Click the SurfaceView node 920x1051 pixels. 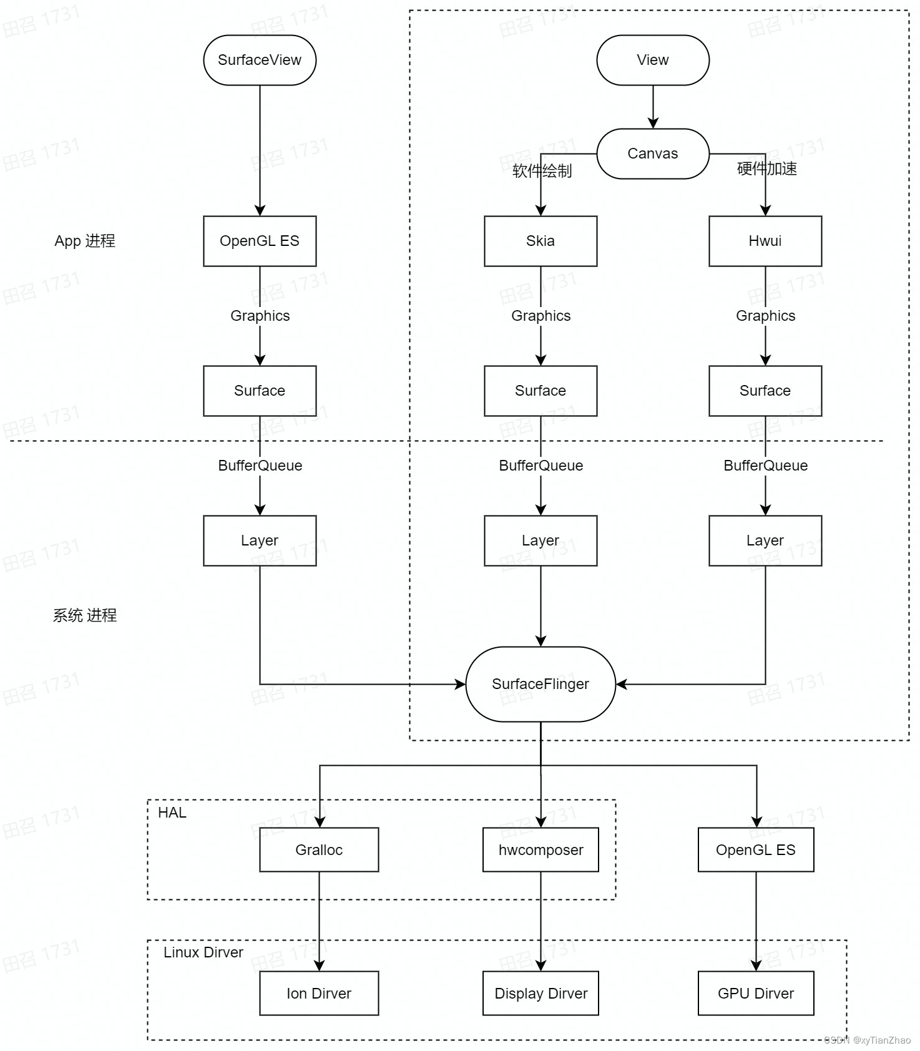pos(260,60)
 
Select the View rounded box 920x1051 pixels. pos(653,60)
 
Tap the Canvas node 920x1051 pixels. pos(653,154)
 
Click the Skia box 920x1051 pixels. pos(541,241)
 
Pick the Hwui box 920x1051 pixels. pos(765,241)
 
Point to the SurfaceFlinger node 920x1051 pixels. pos(541,684)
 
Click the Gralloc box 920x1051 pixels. pos(319,849)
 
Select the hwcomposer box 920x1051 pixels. pos(541,849)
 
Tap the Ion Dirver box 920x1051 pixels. pos(319,993)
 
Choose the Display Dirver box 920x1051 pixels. pos(541,993)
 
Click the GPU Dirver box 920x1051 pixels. pos(756,993)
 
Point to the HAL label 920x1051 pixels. pos(172,813)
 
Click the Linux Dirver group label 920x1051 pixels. pos(203,952)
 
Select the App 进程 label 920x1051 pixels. pos(85,241)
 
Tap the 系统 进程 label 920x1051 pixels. pos(85,615)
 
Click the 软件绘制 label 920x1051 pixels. pos(542,171)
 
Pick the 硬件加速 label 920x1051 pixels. pos(766,169)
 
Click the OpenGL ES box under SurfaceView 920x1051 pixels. pos(260,241)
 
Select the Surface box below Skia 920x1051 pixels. pos(541,391)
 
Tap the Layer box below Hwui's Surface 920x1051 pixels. pos(765,540)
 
